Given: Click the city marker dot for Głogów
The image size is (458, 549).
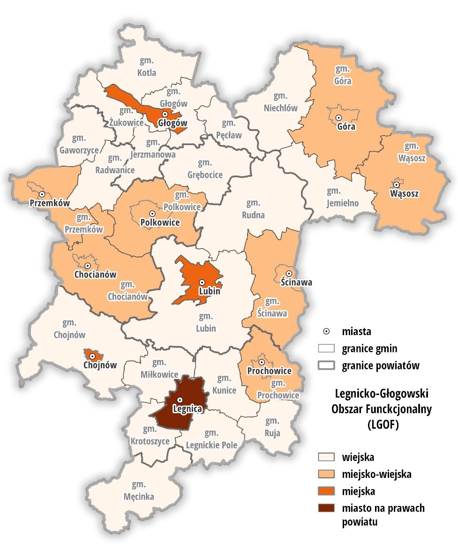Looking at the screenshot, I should pos(165,114).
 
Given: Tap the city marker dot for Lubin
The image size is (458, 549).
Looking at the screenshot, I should pos(202,282).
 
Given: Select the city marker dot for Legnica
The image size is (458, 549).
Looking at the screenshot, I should pos(180,400).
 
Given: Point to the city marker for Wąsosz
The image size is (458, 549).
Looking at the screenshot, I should pos(396,184).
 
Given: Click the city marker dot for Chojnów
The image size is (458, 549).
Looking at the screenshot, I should pos(92,357).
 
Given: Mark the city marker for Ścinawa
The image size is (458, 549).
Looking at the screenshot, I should pos(289,273).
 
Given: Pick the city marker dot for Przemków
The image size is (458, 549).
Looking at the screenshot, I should pos(42,194).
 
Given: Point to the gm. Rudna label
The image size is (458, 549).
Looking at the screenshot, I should pos(253,209).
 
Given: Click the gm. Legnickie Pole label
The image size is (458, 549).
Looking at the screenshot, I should pos(211,439).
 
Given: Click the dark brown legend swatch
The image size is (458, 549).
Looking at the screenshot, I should pos(327,507).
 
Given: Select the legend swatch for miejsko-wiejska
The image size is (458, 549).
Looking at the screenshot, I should pos(327,474).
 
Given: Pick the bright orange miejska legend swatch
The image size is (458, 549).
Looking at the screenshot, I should pos(327,490).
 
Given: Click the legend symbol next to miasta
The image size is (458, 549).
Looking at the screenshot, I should pos(327,331).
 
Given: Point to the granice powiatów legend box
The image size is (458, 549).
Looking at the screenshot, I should pos(327,365).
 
